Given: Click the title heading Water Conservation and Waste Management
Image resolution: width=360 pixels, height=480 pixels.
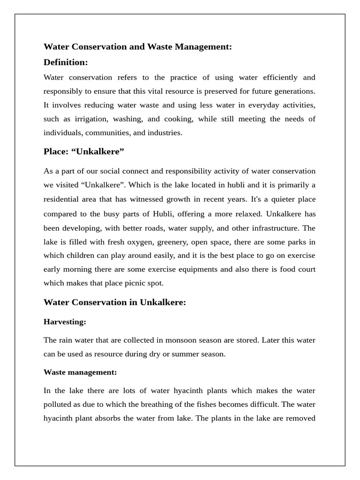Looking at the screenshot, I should coord(137,47).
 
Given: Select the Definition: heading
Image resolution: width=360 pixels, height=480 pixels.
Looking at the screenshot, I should coord(66,62).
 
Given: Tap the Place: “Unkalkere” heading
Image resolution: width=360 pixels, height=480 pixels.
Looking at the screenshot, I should coord(84,152).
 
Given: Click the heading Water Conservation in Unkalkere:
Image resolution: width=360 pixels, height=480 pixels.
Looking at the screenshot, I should coord(115,302).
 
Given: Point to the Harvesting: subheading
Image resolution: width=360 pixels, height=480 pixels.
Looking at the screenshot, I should coord(65,322).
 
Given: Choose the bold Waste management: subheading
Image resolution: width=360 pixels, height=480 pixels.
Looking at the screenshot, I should coord(80,372).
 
